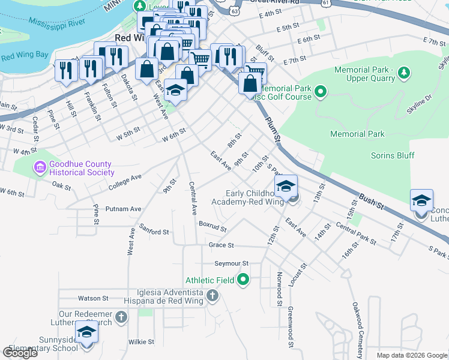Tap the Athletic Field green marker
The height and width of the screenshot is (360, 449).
pos(243,280)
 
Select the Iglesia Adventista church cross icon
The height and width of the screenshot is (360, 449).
pos(212,295)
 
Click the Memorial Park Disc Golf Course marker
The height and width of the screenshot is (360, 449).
pos(321,92)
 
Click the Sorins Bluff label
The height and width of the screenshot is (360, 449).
pos(393,155)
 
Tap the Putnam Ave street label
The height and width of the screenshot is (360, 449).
pos(123,209)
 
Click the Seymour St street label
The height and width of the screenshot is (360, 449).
pos(232,263)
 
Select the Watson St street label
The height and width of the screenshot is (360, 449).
pos(93,298)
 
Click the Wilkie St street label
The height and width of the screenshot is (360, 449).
pos(142,341)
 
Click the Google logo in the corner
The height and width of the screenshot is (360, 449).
pos(20,353)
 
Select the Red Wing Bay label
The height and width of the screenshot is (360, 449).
pos(24,56)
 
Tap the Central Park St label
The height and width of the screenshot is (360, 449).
pos(356,234)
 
